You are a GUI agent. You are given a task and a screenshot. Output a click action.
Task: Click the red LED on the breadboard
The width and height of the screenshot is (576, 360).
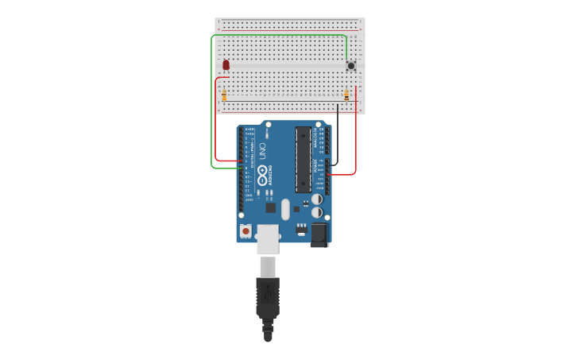(226, 64)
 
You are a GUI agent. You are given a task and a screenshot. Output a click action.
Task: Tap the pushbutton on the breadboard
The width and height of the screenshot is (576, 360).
(350, 66)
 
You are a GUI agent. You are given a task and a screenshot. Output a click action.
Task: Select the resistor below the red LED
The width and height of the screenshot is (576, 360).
(224, 95)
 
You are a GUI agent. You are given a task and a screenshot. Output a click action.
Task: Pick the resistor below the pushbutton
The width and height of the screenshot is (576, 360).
(346, 95)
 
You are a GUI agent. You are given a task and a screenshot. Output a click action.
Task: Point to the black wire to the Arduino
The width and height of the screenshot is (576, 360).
(338, 135)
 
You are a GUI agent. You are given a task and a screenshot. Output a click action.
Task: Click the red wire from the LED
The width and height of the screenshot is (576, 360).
(216, 119)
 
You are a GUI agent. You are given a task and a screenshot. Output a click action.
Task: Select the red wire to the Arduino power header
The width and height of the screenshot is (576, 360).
(355, 135)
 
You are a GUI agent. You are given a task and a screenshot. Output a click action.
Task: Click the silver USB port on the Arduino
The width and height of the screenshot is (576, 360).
(268, 238)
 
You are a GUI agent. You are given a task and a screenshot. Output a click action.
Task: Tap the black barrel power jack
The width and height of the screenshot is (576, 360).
(319, 234)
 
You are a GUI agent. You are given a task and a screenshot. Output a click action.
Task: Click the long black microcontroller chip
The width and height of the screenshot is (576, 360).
(303, 159)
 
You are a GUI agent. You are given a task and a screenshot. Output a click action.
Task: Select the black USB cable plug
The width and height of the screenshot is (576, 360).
(268, 298)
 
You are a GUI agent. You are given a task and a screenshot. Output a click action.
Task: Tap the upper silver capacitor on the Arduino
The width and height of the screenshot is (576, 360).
(317, 199)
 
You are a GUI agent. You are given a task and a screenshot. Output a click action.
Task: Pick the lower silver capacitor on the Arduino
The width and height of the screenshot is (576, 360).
(317, 213)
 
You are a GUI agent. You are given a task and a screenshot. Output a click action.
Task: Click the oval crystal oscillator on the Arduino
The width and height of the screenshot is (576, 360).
(285, 209)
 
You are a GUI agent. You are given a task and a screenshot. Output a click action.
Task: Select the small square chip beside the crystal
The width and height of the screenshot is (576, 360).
(271, 207)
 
